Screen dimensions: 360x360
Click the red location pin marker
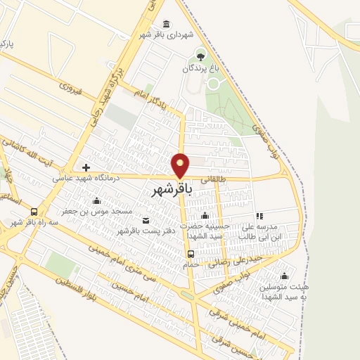pos(181,165)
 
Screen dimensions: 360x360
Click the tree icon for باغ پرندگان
pos(201,55)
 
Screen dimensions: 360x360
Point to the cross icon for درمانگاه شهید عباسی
pos(86,167)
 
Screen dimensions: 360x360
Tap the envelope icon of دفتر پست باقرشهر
pos(146,220)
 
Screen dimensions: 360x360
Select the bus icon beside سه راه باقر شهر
pos(34,212)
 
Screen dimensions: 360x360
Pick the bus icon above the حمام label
pos(191,254)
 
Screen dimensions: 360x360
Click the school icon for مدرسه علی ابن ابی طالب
pos(259,217)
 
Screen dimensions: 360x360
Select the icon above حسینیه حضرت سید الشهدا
pos(204,216)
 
